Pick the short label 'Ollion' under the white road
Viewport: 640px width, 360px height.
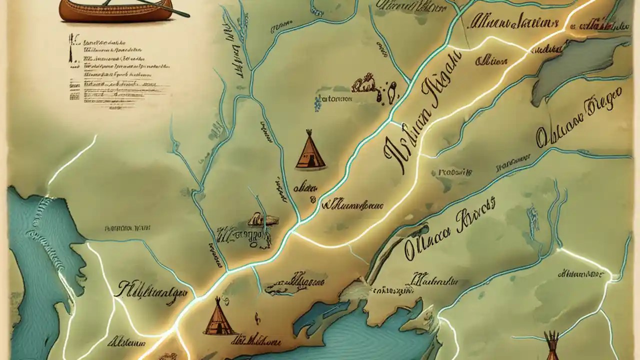pos(491,61)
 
